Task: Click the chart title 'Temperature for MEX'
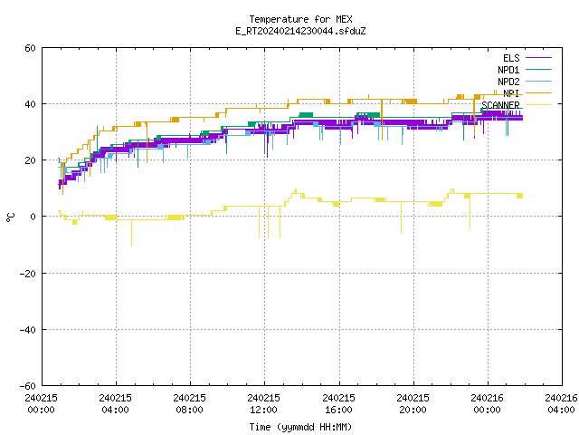(300, 19)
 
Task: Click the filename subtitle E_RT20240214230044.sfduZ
(300, 31)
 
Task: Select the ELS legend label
(511, 58)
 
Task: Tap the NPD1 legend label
(508, 70)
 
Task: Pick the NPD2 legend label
(508, 82)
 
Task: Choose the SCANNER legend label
(500, 105)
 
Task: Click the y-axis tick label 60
(30, 48)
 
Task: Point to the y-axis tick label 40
(30, 104)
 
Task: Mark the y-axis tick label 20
(30, 160)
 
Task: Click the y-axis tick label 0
(33, 217)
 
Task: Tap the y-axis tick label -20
(28, 274)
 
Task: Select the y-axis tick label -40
(28, 330)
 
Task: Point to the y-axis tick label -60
(28, 386)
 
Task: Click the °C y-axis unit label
(11, 217)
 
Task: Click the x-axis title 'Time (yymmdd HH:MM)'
(300, 427)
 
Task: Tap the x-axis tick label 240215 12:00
(263, 403)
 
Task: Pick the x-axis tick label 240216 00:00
(487, 403)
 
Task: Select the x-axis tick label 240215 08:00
(189, 403)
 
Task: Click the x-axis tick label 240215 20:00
(413, 403)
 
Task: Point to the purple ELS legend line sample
(538, 58)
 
